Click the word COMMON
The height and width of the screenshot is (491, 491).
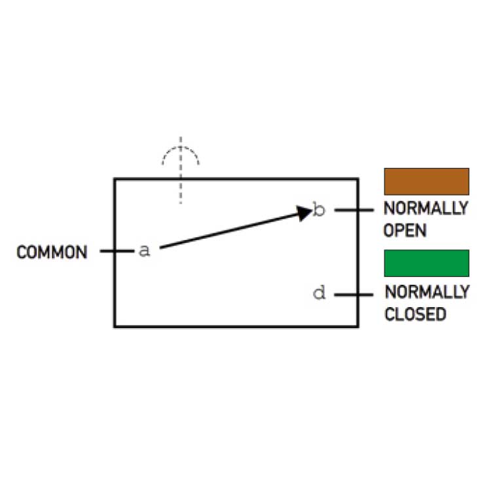click(x=52, y=252)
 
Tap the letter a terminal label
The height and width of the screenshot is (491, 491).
click(x=145, y=251)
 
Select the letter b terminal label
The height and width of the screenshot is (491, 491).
click(x=319, y=210)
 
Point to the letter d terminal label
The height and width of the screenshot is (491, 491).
click(x=319, y=293)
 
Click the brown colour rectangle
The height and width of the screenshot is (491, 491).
click(x=426, y=181)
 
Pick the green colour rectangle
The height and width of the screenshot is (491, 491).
click(x=426, y=263)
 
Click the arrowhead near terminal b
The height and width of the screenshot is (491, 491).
click(x=304, y=213)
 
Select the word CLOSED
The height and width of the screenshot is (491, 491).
click(x=415, y=314)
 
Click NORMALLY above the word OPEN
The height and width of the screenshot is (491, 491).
click(x=426, y=209)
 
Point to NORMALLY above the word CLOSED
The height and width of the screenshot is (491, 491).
click(x=426, y=292)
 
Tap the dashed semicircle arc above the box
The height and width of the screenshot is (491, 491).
click(x=181, y=149)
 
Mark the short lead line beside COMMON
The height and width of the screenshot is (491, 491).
click(x=115, y=251)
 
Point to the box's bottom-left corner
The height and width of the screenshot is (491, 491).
click(x=115, y=325)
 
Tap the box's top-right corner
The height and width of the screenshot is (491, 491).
click(x=357, y=179)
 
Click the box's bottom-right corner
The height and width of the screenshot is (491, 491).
click(x=357, y=325)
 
